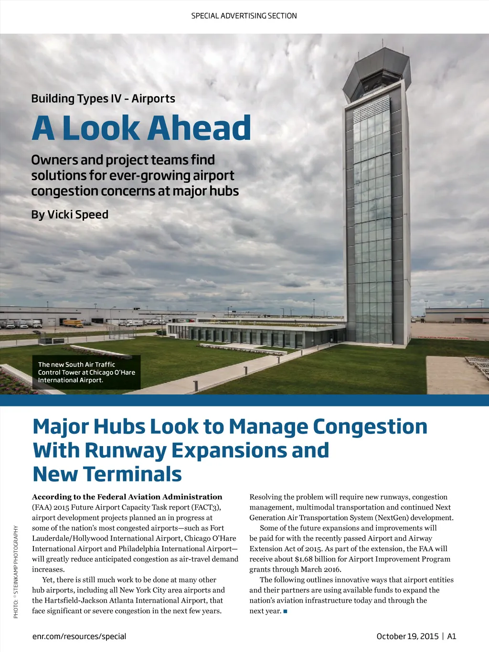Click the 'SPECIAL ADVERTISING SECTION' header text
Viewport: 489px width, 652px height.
(244, 16)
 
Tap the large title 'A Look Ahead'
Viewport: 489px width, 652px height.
(141, 128)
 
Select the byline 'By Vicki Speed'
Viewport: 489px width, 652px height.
(70, 214)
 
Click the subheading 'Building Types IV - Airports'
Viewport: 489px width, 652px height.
(103, 98)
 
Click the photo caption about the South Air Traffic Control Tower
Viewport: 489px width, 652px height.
(86, 372)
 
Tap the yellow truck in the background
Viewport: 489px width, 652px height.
(73, 323)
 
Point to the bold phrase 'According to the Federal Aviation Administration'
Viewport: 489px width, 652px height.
(127, 497)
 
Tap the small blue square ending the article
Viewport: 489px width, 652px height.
(285, 611)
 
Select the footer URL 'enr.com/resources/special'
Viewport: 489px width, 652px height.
(79, 636)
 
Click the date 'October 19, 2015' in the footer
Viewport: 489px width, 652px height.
(407, 636)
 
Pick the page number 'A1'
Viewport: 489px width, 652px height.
(452, 636)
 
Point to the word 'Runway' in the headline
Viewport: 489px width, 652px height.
(126, 450)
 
